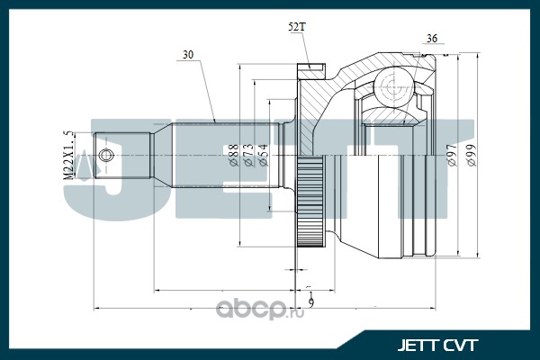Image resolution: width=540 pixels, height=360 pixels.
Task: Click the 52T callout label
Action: pos(296,27)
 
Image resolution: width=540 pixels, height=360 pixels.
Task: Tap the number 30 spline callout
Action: pos(188,55)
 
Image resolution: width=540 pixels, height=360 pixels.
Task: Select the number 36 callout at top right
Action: pos(432,39)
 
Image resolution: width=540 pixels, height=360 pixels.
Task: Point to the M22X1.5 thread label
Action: pos(68,156)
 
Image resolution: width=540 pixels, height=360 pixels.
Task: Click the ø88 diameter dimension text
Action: pos(234,155)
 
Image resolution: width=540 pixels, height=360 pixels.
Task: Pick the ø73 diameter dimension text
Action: pos(248,155)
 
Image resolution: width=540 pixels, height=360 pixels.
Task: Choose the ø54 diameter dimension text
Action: pos(263,155)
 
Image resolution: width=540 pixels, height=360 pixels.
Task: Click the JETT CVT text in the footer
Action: pos(437,346)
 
